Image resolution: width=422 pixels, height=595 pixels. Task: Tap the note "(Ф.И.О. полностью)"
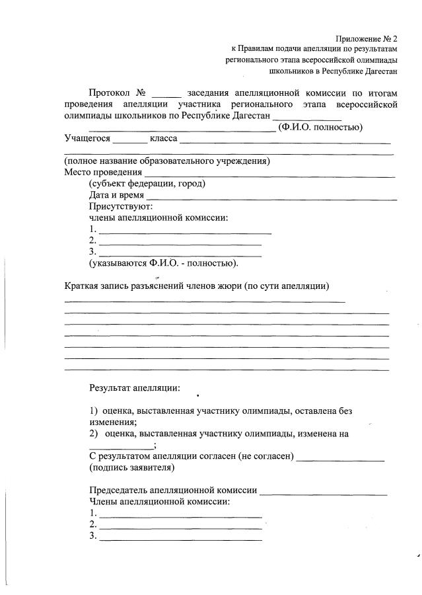point(320,127)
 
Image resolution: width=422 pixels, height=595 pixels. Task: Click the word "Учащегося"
point(87,139)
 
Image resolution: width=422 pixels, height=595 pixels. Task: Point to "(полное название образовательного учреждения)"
point(166,162)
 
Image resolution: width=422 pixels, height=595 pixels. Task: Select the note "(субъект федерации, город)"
point(147,184)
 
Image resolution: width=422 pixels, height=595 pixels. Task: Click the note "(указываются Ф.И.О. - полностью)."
point(163,262)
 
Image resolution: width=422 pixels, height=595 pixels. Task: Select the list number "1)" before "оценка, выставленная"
point(94,411)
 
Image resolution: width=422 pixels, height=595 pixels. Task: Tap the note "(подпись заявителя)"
point(132,467)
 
